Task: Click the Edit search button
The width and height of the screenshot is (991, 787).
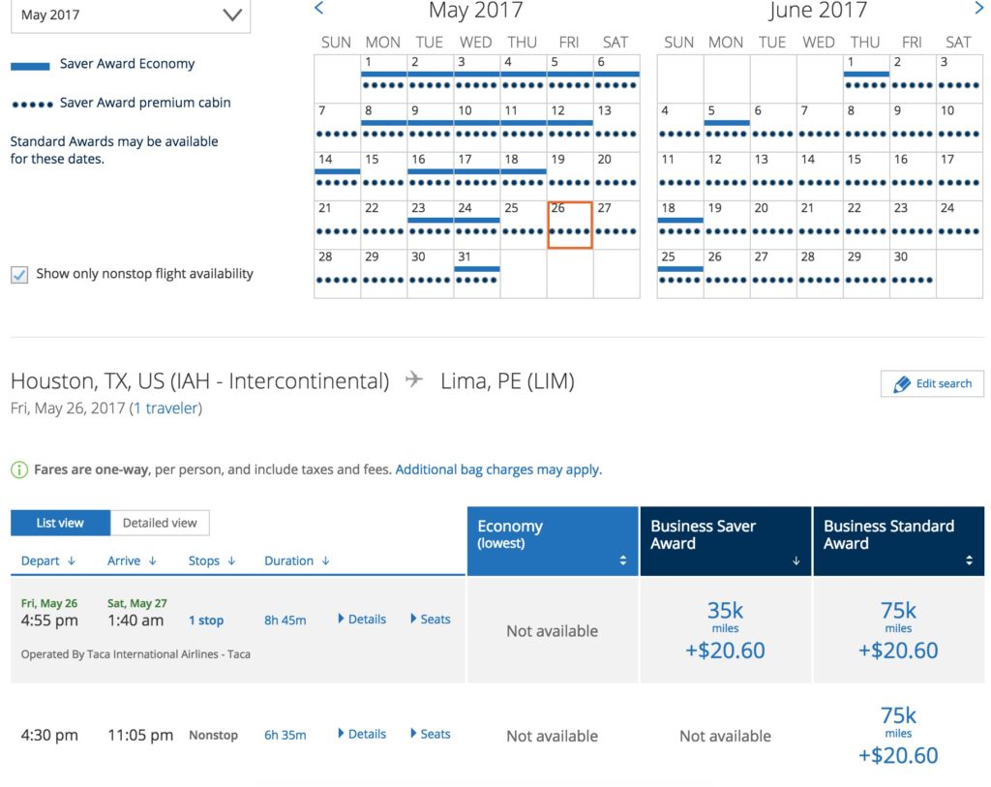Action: click(932, 383)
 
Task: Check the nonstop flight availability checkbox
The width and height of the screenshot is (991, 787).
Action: click(19, 275)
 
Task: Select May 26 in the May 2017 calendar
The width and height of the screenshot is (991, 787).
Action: click(570, 225)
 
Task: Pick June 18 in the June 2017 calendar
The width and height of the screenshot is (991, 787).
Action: click(679, 225)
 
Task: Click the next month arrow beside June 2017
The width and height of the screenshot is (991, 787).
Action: click(978, 9)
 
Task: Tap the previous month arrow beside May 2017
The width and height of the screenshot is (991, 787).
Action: click(319, 9)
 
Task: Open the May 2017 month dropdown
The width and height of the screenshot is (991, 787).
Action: click(130, 15)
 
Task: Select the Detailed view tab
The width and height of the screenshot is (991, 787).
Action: click(160, 523)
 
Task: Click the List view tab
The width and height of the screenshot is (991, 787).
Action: click(60, 523)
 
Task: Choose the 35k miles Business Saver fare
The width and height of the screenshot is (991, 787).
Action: click(725, 630)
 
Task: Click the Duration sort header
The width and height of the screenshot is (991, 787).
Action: click(296, 560)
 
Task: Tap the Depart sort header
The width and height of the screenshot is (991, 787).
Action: click(47, 560)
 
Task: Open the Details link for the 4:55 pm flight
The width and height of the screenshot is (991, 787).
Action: click(362, 620)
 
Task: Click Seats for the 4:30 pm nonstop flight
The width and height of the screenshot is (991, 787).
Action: click(431, 734)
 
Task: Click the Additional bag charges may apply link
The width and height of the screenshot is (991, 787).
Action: click(497, 469)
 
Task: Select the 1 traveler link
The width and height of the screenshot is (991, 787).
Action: click(165, 409)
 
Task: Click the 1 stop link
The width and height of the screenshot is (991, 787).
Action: click(206, 621)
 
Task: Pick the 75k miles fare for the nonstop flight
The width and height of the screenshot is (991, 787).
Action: click(898, 736)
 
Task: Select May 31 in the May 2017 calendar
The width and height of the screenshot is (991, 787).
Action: click(477, 274)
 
